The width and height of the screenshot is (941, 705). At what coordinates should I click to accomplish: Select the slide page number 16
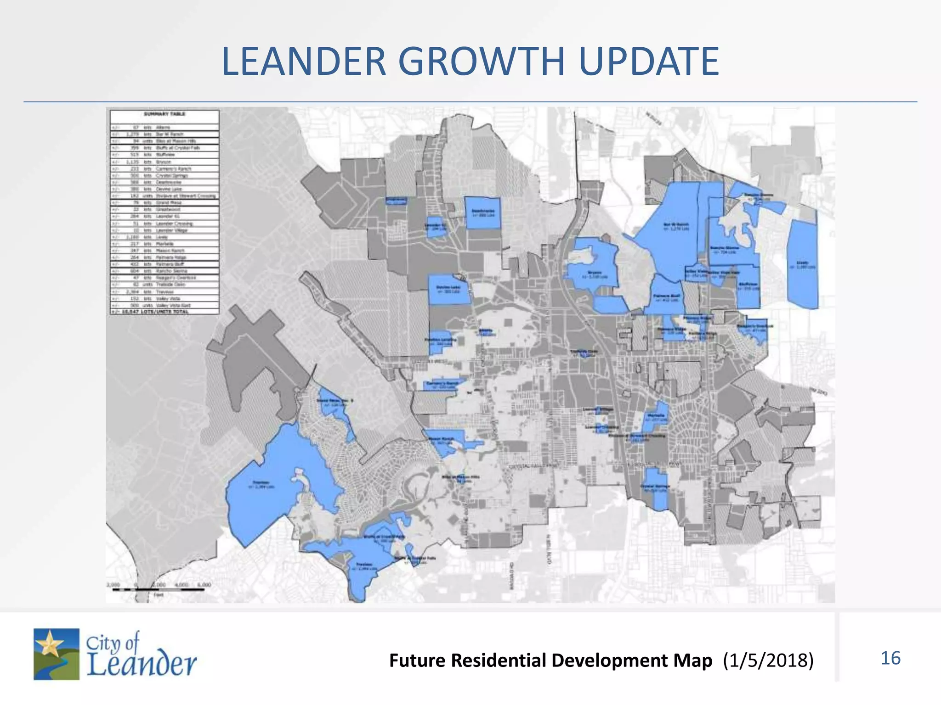[890, 658]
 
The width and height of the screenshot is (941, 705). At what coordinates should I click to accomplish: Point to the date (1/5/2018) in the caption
[768, 660]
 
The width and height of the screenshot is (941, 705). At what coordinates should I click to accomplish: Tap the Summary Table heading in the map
[164, 114]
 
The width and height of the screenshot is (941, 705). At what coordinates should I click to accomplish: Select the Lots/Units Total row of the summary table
[164, 311]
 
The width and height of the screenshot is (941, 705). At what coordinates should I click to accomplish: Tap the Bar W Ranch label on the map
[676, 225]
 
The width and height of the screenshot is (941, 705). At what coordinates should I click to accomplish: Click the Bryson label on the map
[594, 274]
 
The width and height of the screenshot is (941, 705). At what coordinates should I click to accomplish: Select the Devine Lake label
[448, 288]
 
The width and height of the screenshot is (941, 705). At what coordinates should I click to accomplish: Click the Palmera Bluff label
[666, 297]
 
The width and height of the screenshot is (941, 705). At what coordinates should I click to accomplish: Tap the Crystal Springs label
[655, 487]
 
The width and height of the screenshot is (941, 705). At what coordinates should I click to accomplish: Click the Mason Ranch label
[441, 440]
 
